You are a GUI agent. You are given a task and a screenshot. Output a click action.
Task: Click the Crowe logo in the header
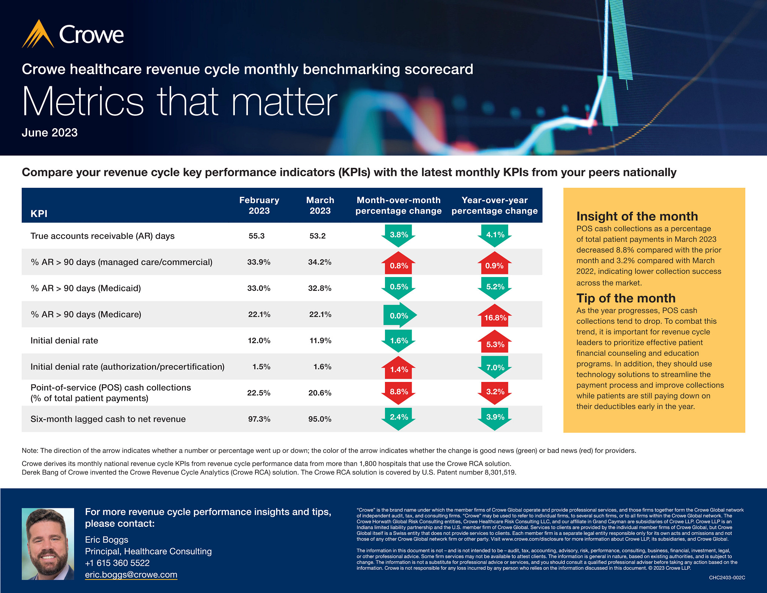73,34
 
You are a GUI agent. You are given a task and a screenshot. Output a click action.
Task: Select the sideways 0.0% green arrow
399,315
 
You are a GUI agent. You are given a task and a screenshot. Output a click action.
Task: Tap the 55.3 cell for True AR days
257,236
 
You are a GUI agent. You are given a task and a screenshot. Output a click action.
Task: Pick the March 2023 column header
320,205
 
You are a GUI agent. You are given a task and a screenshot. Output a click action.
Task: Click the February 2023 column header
259,205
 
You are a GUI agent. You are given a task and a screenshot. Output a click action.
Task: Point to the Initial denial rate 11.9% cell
320,341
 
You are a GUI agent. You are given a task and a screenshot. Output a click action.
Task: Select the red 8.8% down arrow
398,392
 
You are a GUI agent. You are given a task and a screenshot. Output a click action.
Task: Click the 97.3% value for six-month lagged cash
259,419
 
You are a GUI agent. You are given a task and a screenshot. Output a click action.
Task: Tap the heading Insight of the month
637,216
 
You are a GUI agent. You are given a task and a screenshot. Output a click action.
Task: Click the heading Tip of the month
626,298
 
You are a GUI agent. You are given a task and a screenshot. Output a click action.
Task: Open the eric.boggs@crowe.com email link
131,575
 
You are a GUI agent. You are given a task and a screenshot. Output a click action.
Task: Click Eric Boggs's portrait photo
48,544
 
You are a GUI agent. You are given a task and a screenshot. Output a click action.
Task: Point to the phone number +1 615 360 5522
117,563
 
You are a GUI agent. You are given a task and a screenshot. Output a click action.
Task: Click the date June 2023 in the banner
49,133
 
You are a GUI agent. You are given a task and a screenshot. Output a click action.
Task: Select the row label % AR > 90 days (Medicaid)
86,288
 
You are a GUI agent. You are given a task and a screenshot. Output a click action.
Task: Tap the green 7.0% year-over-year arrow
495,367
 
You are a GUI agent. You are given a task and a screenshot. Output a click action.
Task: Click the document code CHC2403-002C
727,578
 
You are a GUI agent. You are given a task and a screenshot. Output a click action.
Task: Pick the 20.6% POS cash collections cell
320,393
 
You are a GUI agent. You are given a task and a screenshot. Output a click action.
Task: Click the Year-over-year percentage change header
494,205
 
